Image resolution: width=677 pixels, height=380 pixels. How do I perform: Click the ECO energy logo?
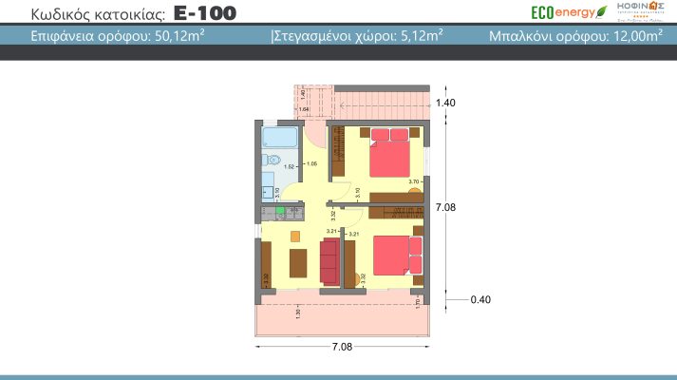[x=567, y=12]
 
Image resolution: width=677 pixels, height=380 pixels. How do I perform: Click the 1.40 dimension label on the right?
[x=446, y=103]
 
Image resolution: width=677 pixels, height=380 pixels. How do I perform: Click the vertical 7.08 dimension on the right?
[x=446, y=206]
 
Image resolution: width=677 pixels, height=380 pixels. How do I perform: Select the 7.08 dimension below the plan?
[x=342, y=349]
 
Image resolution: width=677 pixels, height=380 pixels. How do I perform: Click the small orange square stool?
[x=294, y=235]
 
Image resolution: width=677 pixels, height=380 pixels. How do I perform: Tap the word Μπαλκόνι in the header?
[x=525, y=38]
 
